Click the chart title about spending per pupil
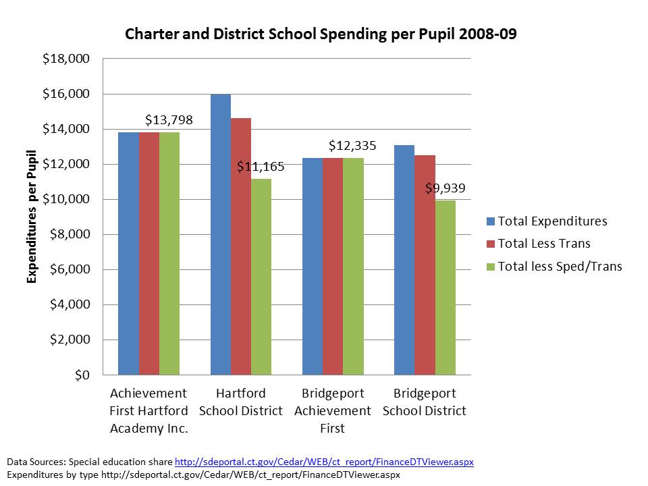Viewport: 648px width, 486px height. [321, 34]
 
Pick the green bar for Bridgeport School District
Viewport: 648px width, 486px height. [445, 287]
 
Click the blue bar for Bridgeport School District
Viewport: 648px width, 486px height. [404, 260]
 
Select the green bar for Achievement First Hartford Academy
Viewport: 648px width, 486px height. [169, 253]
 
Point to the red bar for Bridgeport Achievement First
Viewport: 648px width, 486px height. [333, 266]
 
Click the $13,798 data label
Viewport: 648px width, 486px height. [169, 121]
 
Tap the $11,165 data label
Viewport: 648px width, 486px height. [261, 167]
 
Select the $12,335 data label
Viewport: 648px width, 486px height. [352, 146]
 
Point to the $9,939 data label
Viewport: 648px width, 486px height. [445, 188]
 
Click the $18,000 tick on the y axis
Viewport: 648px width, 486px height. [66, 59]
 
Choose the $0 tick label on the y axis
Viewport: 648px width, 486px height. [81, 375]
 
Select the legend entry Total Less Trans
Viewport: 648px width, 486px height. [543, 244]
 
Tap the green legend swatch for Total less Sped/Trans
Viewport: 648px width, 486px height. [491, 267]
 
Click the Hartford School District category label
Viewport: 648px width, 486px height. [241, 402]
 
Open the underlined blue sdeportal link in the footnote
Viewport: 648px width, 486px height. [324, 462]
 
